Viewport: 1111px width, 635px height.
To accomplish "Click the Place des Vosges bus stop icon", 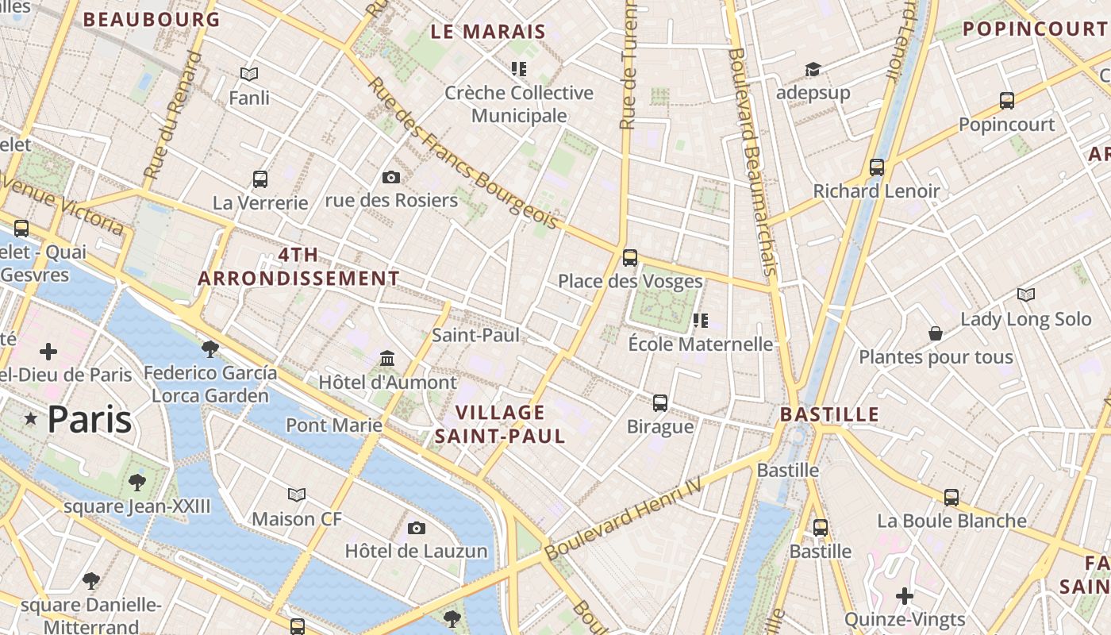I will click(x=629, y=257).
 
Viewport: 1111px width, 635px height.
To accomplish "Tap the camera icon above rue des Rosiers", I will click(x=390, y=177).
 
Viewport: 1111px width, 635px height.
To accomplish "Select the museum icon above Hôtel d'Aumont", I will click(x=387, y=358).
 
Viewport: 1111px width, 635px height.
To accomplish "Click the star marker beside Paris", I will click(x=31, y=418).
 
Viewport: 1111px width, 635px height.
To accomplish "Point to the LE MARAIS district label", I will click(x=488, y=32).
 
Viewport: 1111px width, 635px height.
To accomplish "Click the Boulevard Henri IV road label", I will click(x=625, y=518).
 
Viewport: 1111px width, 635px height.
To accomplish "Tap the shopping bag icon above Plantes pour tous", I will click(x=936, y=333).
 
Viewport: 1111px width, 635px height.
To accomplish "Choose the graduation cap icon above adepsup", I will click(x=813, y=69).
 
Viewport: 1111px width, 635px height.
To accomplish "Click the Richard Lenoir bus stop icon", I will click(x=876, y=167).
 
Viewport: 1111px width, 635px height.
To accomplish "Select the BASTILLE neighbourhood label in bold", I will click(x=829, y=414).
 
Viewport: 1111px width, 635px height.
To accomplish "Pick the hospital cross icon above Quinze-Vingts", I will click(x=905, y=595).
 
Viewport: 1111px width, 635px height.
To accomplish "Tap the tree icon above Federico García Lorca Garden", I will click(x=210, y=348).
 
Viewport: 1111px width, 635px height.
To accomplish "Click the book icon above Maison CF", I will click(x=297, y=495).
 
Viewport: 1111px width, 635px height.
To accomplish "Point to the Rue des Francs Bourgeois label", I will click(x=463, y=152).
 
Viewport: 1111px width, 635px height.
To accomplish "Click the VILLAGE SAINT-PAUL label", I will click(x=500, y=424).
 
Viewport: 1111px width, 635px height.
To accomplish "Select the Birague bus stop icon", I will click(x=659, y=402).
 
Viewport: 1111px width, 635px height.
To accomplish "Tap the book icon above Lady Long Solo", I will click(x=1026, y=295).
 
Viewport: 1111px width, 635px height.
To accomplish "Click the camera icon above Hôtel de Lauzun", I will click(x=416, y=528).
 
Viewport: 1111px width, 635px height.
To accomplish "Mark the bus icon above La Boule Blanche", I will click(x=951, y=498).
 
